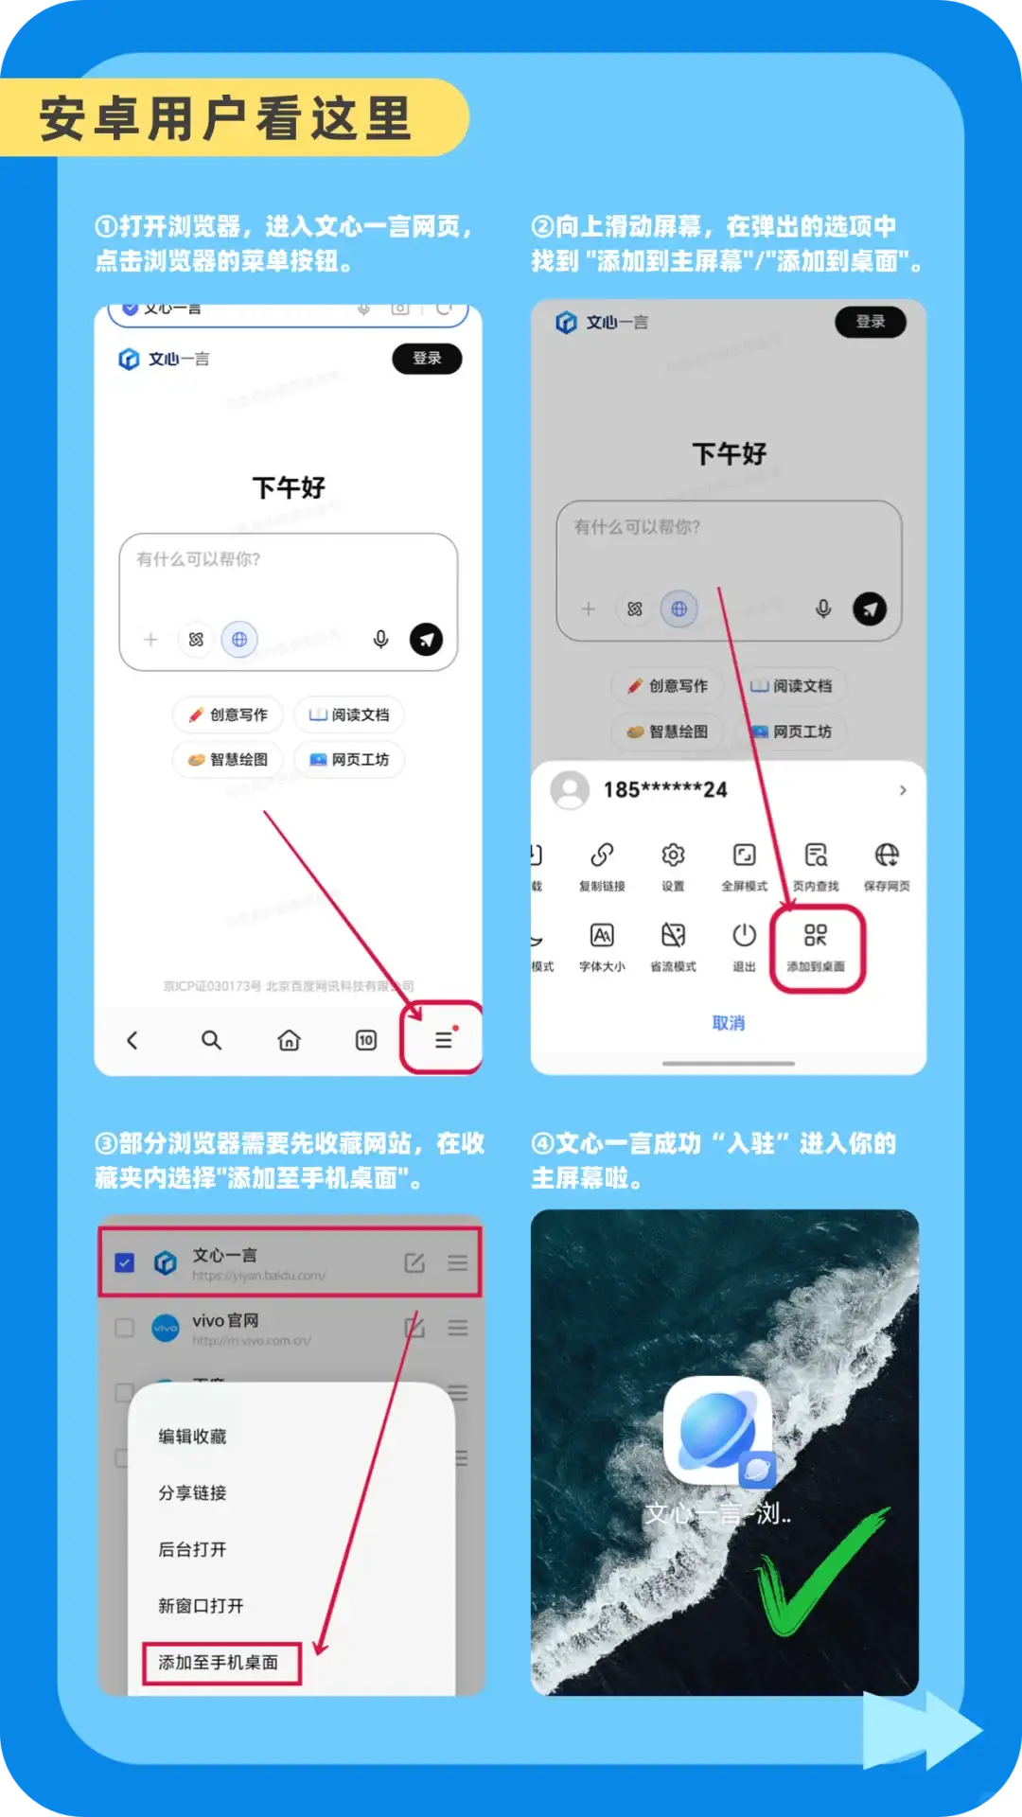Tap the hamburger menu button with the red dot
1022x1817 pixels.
(443, 1040)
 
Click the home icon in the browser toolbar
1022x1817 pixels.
(289, 1040)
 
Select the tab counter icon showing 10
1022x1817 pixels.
(366, 1040)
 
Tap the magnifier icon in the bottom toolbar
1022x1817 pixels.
(211, 1040)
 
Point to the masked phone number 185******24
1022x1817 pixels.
(665, 789)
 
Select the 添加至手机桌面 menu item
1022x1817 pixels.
(219, 1663)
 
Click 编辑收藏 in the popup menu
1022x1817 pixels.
(192, 1437)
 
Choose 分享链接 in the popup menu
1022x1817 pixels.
(192, 1492)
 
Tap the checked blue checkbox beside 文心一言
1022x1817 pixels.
(124, 1262)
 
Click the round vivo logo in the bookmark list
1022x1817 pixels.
(166, 1328)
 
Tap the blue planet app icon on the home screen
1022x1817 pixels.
(717, 1430)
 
